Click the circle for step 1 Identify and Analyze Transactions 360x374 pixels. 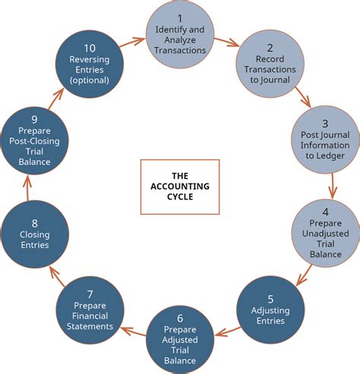[179, 33]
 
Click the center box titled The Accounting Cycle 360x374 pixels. [180, 185]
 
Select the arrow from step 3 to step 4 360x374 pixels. [332, 186]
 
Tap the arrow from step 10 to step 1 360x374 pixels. [134, 40]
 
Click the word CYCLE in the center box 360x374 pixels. [180, 196]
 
